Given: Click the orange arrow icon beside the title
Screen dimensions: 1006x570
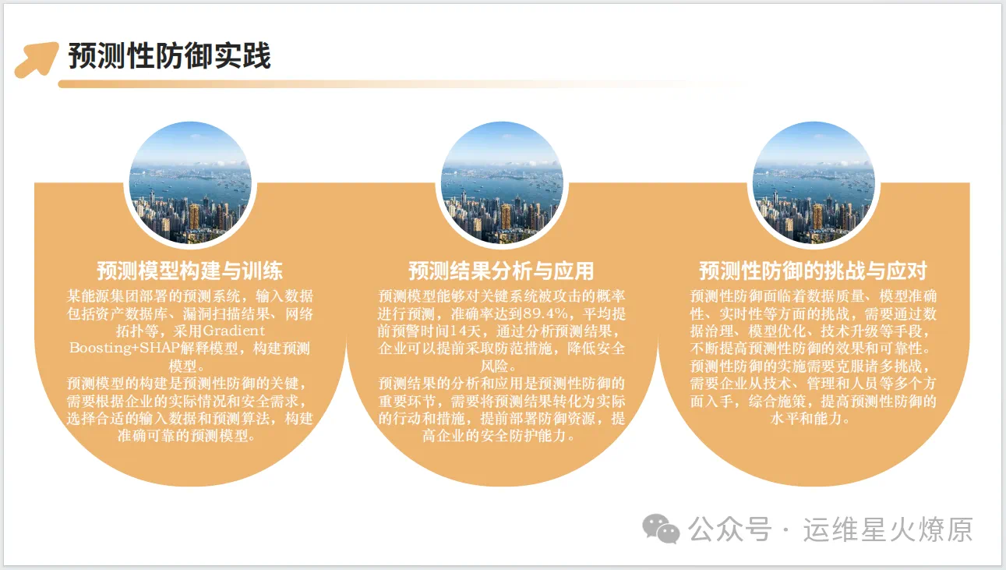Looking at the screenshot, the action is pyautogui.click(x=37, y=59).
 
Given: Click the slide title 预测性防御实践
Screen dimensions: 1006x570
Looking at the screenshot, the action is pyautogui.click(x=169, y=56).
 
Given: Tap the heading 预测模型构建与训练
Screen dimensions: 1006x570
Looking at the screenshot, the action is pyautogui.click(x=189, y=271).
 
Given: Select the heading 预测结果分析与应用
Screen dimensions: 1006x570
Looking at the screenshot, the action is pyautogui.click(x=501, y=271).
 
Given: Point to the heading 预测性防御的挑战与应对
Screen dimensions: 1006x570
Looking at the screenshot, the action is pyautogui.click(x=813, y=271).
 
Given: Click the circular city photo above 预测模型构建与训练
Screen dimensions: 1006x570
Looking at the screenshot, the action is pyautogui.click(x=190, y=183).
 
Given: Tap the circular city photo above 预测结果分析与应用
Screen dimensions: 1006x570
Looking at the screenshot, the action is pyautogui.click(x=502, y=183).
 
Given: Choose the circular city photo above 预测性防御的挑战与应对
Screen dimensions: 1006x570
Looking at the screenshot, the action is pyautogui.click(x=814, y=183).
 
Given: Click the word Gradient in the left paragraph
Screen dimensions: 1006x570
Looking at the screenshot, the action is pyautogui.click(x=234, y=331).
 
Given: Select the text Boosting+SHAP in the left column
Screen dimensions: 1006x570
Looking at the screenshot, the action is pyautogui.click(x=125, y=349).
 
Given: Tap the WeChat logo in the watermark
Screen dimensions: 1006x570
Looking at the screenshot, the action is pyautogui.click(x=661, y=529).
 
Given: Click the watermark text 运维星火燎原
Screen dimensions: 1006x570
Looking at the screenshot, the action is pyautogui.click(x=888, y=529).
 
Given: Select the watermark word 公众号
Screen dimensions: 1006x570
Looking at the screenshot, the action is pyautogui.click(x=730, y=529).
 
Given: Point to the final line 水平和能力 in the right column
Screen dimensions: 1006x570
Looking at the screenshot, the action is pyautogui.click(x=807, y=419).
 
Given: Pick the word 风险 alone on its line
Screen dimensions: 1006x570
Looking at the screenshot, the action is pyautogui.click(x=495, y=366).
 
